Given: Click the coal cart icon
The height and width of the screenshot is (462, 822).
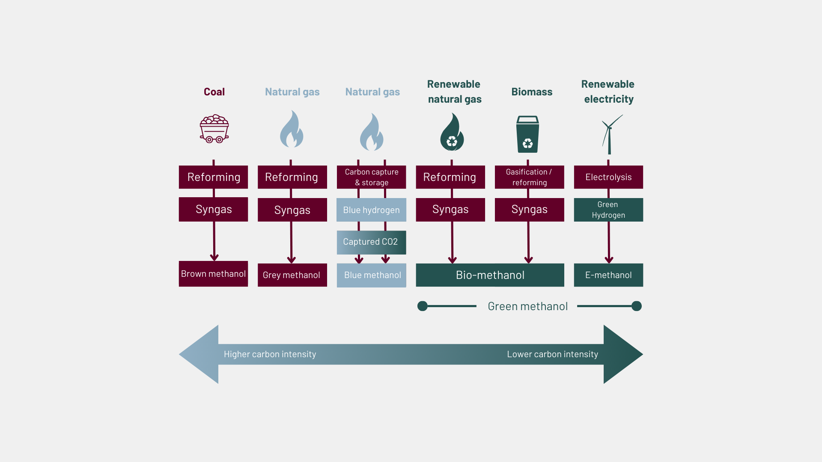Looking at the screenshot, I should coord(214,129).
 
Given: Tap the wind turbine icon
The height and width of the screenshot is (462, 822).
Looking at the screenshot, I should coord(610,134).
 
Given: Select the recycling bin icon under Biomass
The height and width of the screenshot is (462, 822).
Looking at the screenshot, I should coord(527,134).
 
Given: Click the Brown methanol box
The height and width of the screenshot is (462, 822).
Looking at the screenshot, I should coord(213,274).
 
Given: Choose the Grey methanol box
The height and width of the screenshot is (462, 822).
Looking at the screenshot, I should coord(292,275).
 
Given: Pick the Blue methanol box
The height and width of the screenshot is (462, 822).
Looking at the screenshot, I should coord(372,275).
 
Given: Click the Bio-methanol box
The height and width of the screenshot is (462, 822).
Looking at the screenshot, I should coord(490,275).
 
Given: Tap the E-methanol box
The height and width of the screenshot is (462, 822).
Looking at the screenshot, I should coord(608,275).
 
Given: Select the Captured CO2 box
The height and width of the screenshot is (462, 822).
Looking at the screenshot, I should coord(371,242).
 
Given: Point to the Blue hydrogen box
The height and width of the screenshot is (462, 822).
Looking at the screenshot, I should coord(371,210).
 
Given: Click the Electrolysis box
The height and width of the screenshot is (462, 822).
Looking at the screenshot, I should coord(608,177).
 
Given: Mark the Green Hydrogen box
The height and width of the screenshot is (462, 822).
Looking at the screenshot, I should coord(608,210).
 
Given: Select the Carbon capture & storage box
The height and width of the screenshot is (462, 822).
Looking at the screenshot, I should coord(371,177).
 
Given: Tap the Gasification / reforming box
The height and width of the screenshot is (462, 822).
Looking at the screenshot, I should coord(529,177).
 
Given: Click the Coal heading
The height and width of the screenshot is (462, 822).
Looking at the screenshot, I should coord(214,92).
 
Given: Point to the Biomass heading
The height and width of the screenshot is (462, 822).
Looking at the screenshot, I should coord(532,92).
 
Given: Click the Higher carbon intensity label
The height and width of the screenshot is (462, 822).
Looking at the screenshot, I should coord(270,354).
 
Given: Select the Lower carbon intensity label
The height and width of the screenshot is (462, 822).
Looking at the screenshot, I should coord(552,354).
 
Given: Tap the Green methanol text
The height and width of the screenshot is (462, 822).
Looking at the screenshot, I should coord(527,306).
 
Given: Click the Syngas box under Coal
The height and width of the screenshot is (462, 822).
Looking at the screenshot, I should coord(213,209).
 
